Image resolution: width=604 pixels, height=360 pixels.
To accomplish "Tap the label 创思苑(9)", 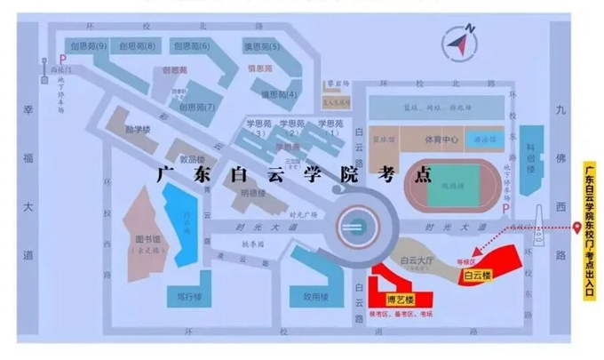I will click(x=89, y=45).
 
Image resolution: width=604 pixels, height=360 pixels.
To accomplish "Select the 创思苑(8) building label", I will click(x=139, y=45).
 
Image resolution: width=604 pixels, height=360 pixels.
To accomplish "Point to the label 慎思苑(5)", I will click(x=261, y=46).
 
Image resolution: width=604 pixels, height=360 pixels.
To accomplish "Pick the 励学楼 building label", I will click(x=138, y=129).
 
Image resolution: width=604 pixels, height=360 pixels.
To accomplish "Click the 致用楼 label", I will click(x=315, y=297).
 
